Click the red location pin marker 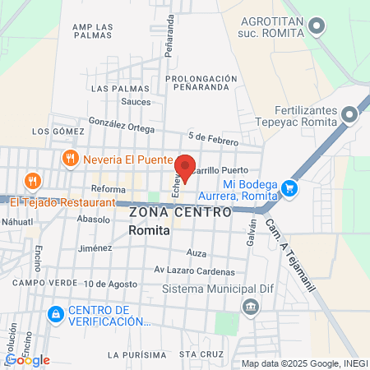pyautogui.click(x=186, y=167)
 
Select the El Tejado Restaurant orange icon pyautogui.click(x=32, y=181)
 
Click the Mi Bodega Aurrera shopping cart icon pyautogui.click(x=289, y=188)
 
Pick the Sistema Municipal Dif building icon pyautogui.click(x=250, y=307)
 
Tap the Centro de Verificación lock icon pyautogui.click(x=55, y=314)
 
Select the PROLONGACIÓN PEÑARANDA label pyautogui.click(x=207, y=83)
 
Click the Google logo pyautogui.click(x=28, y=359)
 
